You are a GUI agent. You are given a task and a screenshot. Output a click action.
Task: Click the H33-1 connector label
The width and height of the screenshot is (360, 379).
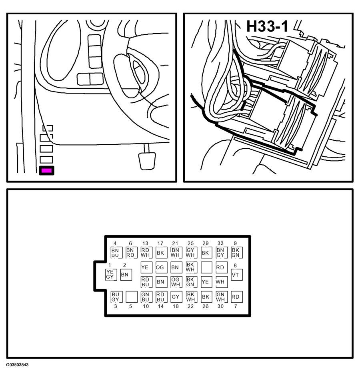(267, 26)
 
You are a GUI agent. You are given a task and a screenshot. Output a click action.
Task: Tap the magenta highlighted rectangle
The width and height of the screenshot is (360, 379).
(46, 171)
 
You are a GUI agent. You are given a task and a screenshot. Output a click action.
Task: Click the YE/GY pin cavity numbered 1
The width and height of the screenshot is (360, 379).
(110, 274)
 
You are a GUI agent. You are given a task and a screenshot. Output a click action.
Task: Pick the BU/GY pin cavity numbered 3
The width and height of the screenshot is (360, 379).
(116, 297)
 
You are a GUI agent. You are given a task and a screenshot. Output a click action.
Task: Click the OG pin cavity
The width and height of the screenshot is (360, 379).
(160, 267)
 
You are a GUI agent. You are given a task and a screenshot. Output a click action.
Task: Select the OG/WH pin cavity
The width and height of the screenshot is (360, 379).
(176, 282)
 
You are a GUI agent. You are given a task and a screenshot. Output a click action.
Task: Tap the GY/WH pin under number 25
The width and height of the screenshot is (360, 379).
(190, 253)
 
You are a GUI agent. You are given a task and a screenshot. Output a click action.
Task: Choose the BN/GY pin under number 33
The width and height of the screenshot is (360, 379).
(221, 253)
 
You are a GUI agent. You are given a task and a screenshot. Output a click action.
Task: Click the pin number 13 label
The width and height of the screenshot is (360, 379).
(145, 243)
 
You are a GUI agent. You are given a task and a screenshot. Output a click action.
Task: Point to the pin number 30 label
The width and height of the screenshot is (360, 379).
(220, 306)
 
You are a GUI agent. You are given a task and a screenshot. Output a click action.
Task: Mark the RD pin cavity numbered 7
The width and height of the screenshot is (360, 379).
(236, 297)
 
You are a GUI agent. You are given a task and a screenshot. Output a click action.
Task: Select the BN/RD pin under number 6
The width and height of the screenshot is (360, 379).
(130, 253)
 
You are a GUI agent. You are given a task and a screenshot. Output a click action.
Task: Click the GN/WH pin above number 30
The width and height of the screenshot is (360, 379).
(221, 297)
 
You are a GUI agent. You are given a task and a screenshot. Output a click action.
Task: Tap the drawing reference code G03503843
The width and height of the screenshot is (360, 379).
(17, 365)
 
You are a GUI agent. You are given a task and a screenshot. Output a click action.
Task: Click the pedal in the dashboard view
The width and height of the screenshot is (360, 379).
(146, 159)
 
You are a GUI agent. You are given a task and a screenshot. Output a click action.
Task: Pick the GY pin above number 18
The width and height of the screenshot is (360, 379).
(176, 297)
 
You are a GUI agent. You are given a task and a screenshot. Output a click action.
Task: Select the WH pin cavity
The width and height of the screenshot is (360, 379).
(221, 282)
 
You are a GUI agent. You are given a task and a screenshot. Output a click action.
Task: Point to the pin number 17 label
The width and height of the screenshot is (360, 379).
(160, 243)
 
